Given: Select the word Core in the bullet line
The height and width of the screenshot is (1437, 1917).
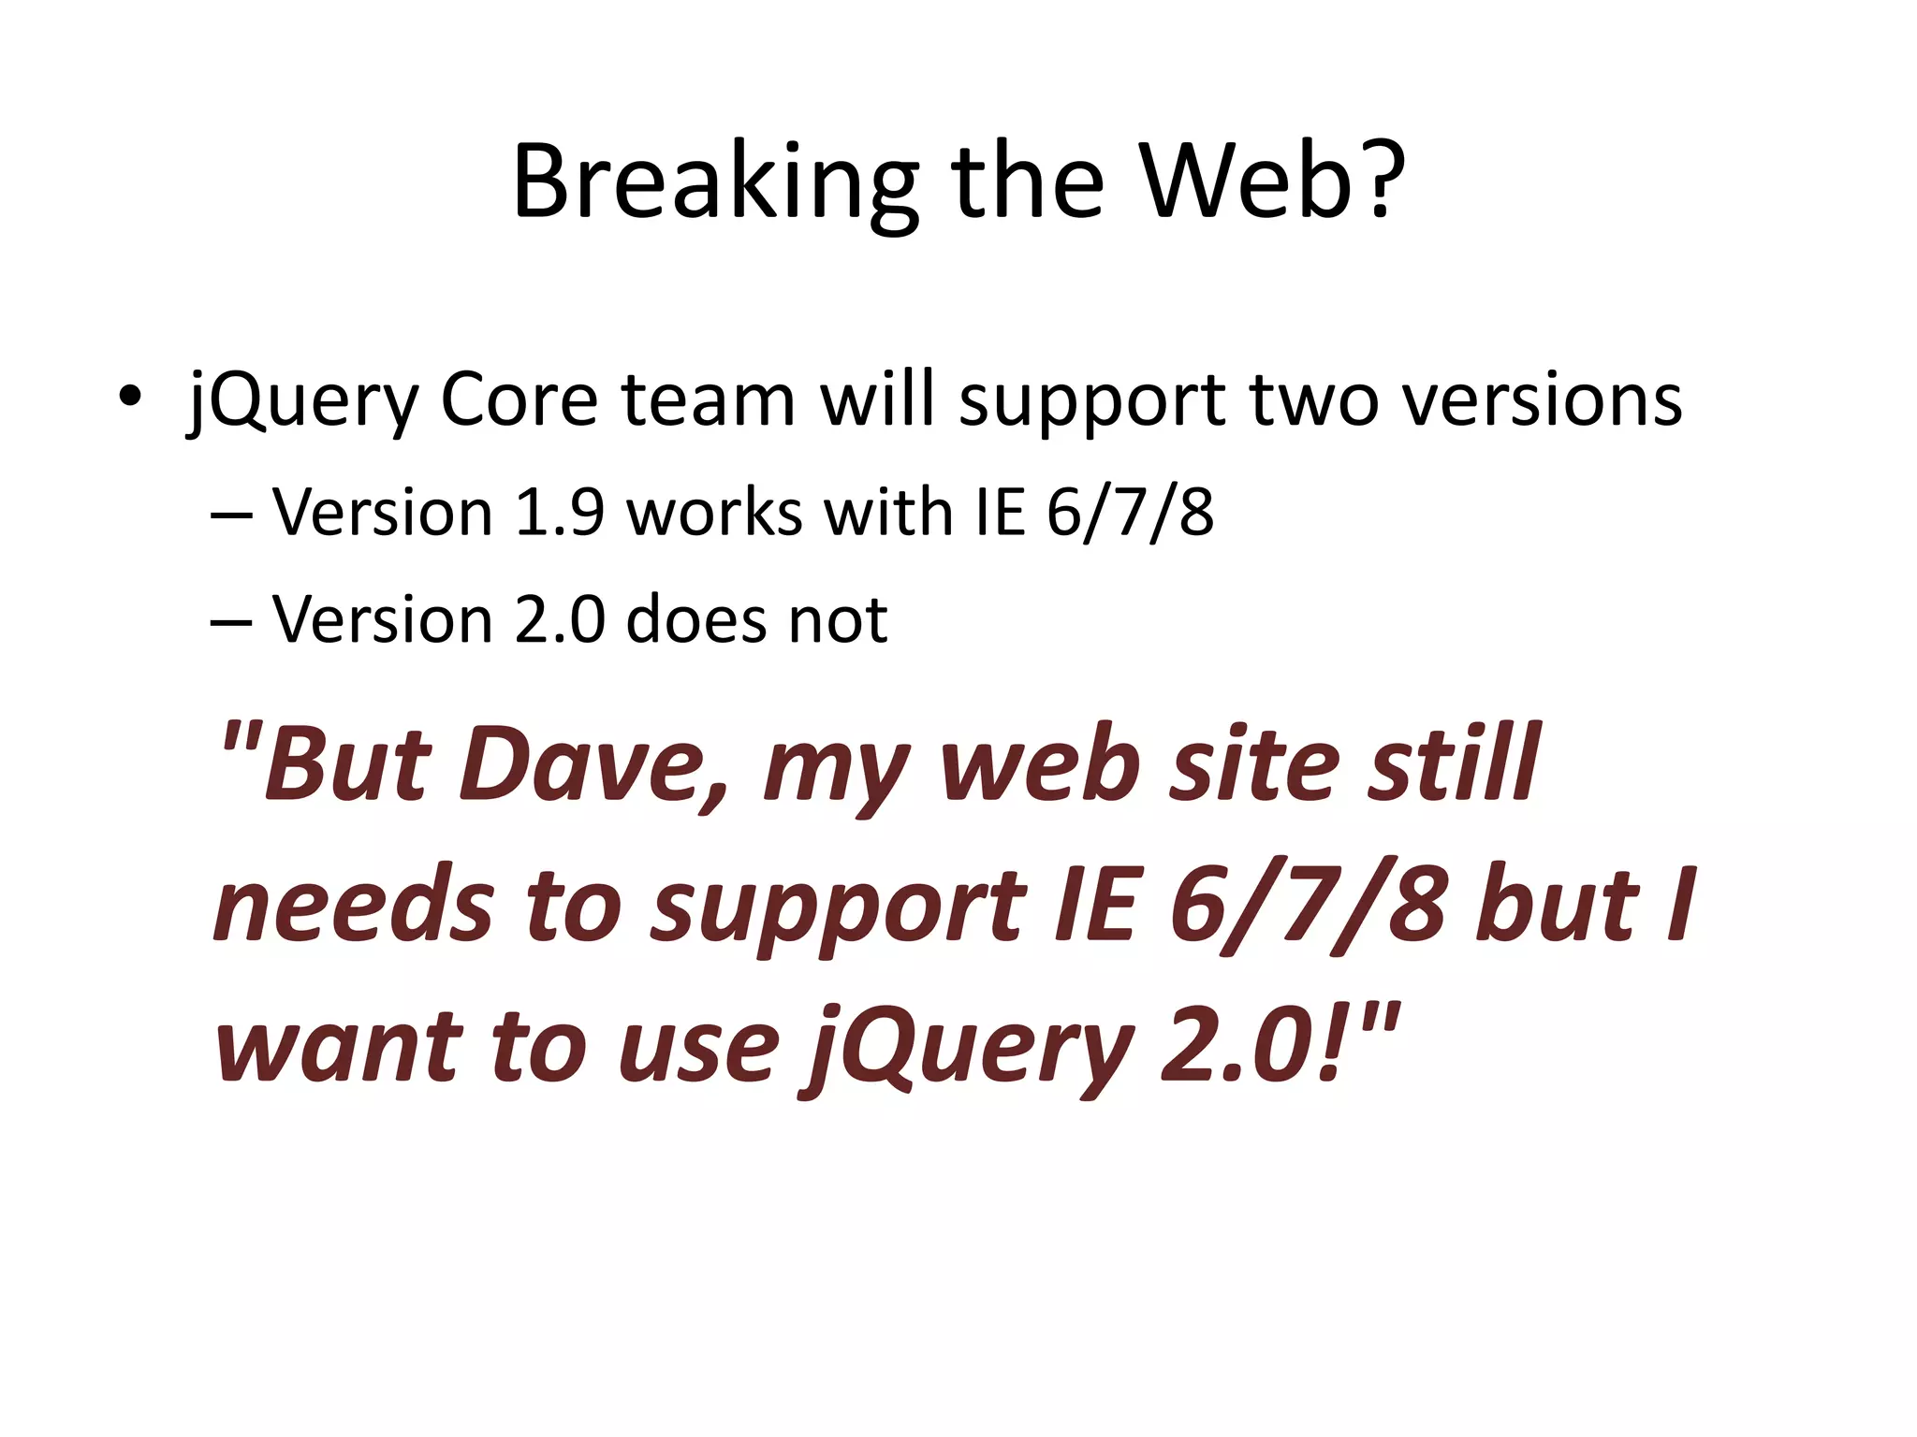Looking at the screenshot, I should [x=519, y=400].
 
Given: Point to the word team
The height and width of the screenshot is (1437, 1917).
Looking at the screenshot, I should [x=708, y=400].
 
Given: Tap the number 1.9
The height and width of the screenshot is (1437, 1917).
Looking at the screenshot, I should [x=560, y=513].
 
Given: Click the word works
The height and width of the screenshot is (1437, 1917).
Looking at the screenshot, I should [x=714, y=513].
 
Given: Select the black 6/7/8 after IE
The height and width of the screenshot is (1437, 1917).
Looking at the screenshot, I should [x=1130, y=513].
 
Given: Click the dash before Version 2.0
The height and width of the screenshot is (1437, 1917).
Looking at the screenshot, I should [x=231, y=621].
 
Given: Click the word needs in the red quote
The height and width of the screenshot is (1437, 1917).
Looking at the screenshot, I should [x=353, y=906].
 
